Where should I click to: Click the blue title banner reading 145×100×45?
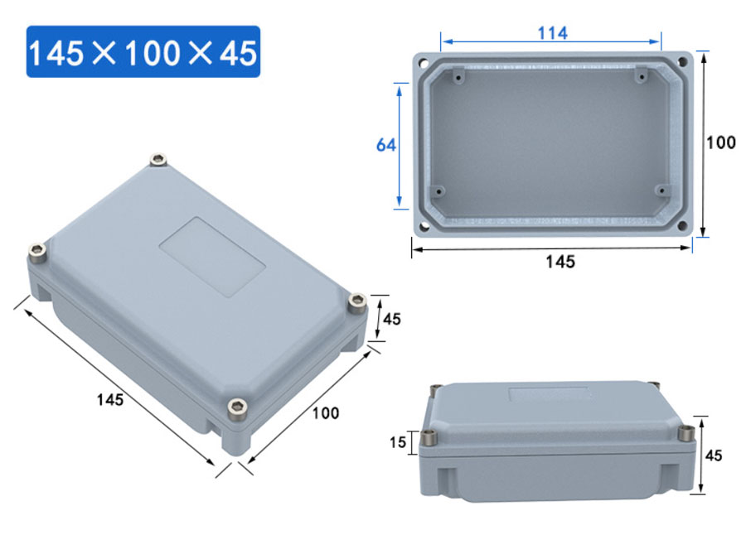coord(143,52)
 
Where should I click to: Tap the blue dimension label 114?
coord(551,33)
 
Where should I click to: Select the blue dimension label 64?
coord(385,145)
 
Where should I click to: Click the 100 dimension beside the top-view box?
coord(720,142)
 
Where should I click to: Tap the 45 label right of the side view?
coord(714,455)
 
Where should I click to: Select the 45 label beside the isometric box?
coord(391,319)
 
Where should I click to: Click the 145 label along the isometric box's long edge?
coord(109,399)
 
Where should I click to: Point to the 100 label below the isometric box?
coord(325,412)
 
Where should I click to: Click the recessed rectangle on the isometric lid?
coord(211,257)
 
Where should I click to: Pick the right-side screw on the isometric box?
coord(357,302)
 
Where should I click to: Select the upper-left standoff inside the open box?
coord(458,76)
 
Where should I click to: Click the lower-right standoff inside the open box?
coord(661,190)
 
